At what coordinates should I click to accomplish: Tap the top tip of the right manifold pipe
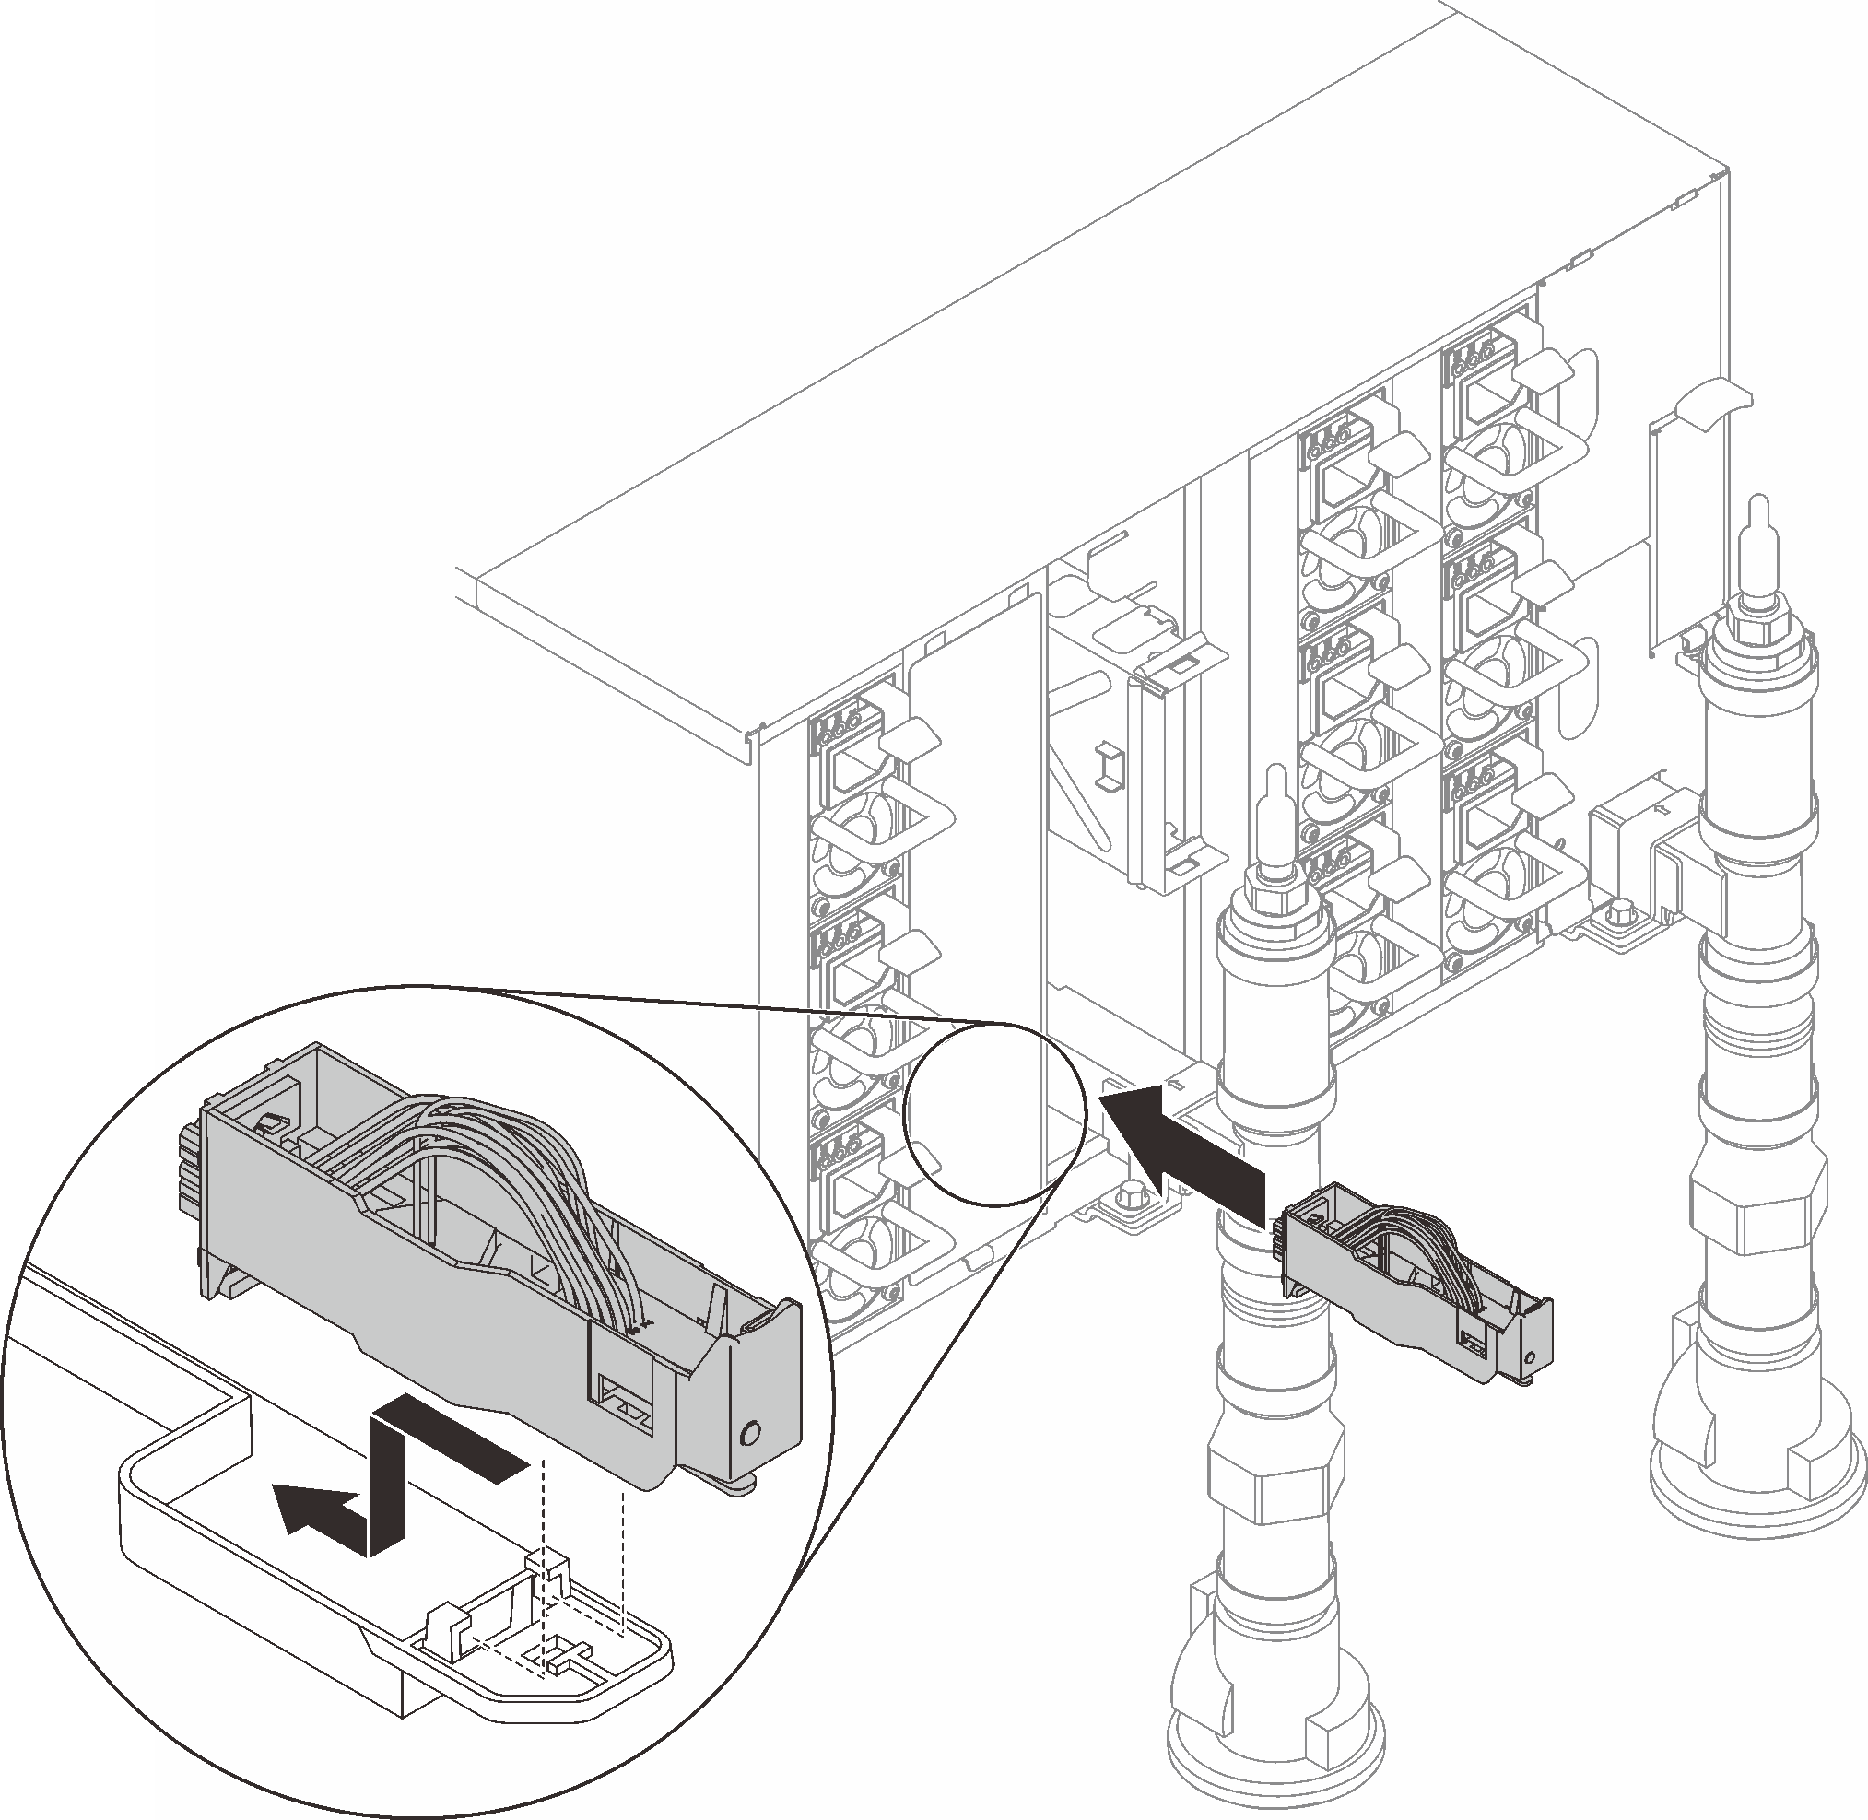coord(1756,507)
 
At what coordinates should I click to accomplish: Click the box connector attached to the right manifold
coord(1626,822)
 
